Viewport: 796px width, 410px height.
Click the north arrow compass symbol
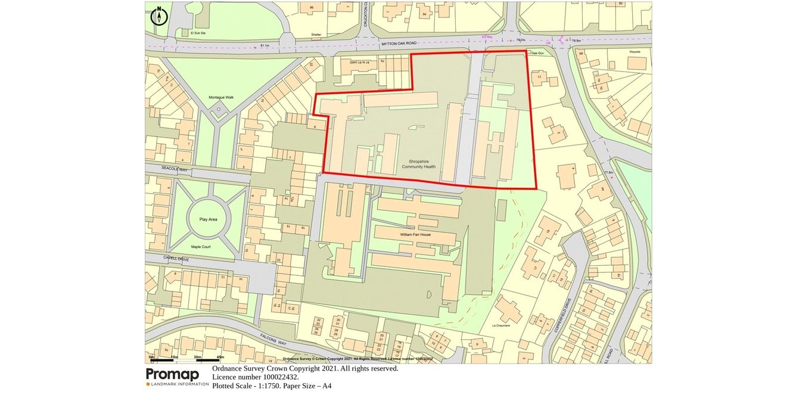click(x=159, y=16)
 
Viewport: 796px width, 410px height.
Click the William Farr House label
click(x=415, y=235)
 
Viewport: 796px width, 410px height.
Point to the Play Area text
click(x=208, y=219)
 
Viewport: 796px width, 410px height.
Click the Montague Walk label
click(x=221, y=97)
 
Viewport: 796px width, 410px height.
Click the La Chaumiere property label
click(x=502, y=326)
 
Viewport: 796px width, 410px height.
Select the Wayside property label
click(x=634, y=52)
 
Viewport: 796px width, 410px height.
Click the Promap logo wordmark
click(x=173, y=374)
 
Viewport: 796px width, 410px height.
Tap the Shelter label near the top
click(x=316, y=34)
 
